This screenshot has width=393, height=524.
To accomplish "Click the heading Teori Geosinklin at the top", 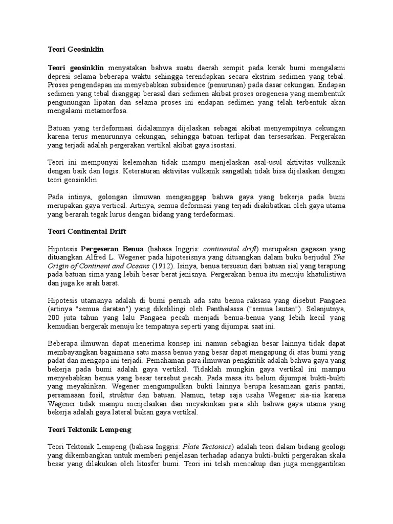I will tap(76, 50).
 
